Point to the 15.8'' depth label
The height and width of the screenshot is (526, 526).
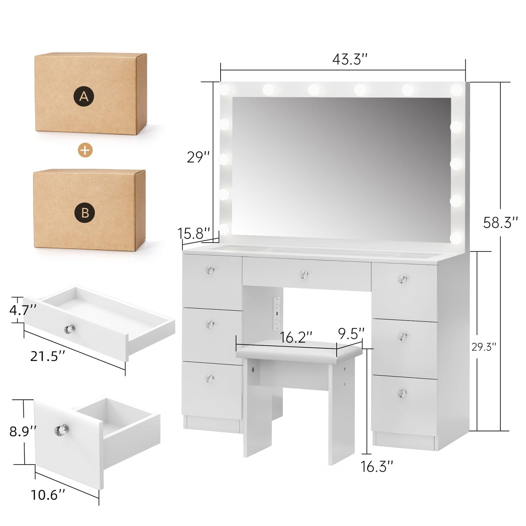(194, 233)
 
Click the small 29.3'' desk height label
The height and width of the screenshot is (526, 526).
(484, 347)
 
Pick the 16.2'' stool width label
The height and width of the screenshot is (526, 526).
(296, 337)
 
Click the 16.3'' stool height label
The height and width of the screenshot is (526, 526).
(377, 466)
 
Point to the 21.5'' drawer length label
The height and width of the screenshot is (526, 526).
(48, 356)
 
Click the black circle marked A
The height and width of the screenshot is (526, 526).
(84, 96)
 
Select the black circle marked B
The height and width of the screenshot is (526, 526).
(85, 213)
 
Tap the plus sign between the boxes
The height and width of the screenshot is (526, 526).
(85, 150)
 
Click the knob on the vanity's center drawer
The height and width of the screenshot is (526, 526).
(304, 275)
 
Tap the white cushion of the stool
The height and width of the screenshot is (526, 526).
(299, 352)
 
